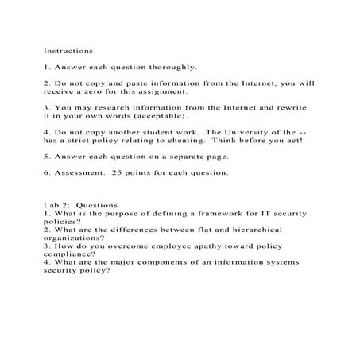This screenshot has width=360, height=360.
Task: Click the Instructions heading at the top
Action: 65,51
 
